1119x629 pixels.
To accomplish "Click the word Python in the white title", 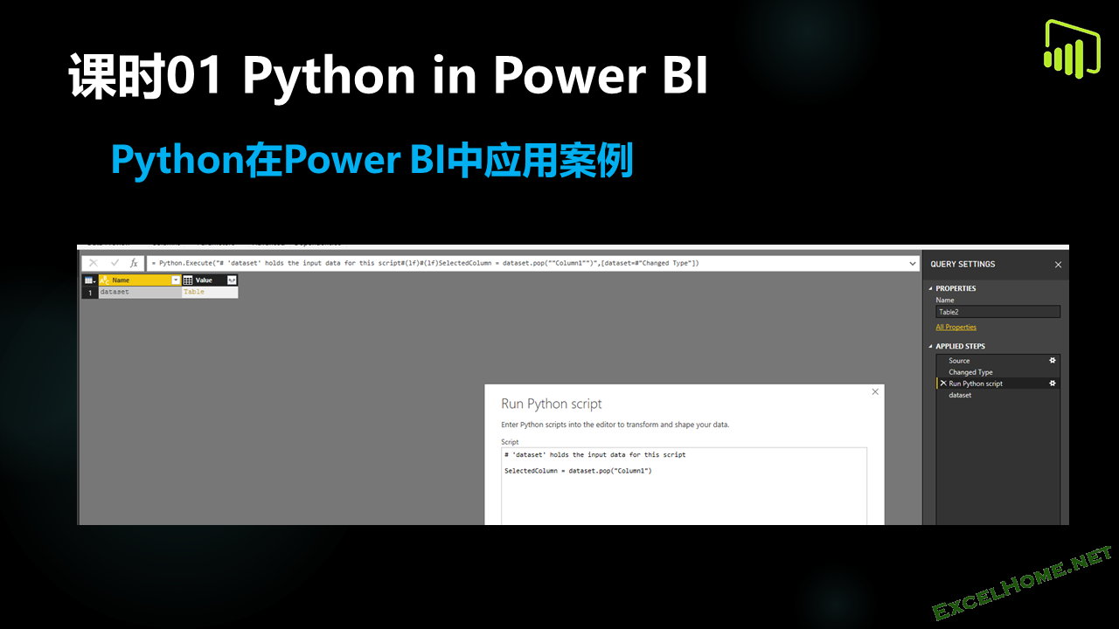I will click(x=329, y=77).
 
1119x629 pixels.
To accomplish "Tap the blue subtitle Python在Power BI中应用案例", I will click(x=372, y=161).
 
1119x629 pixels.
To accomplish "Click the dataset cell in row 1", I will click(x=131, y=292).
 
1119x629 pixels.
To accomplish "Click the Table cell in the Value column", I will click(x=194, y=292).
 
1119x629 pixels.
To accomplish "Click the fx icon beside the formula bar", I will click(x=134, y=263).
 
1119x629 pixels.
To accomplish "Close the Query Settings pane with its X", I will click(x=1058, y=265).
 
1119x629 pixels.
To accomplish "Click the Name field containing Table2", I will click(x=997, y=312).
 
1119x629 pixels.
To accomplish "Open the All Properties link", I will click(x=956, y=328).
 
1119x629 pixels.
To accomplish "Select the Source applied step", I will click(x=959, y=361).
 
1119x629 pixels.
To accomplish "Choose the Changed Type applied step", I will click(x=970, y=372).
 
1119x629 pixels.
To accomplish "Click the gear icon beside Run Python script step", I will click(x=1053, y=384).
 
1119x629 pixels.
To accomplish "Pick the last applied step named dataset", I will click(x=960, y=395).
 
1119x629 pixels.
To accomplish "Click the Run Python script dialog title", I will click(x=551, y=404).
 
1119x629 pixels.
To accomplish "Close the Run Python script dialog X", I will click(x=875, y=392).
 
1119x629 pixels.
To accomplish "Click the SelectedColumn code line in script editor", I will click(x=578, y=471).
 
